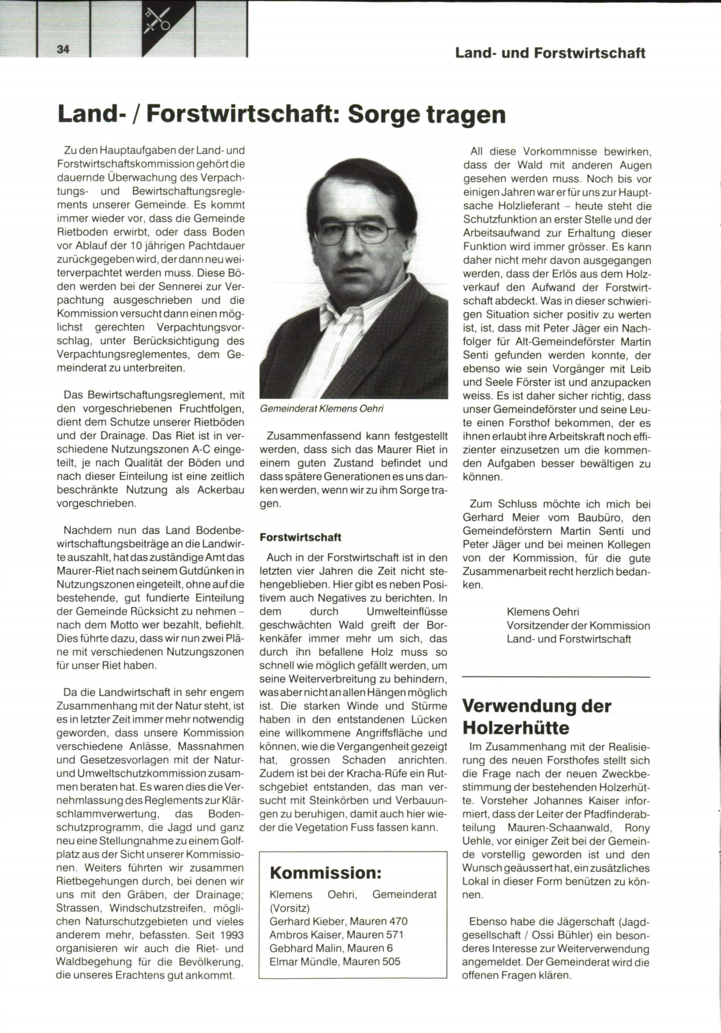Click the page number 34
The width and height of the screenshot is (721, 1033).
click(x=63, y=50)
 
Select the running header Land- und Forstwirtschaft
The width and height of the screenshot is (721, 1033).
click(x=550, y=53)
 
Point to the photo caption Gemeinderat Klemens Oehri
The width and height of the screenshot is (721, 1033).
click(x=321, y=409)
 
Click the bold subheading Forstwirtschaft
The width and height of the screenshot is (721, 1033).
click(x=300, y=537)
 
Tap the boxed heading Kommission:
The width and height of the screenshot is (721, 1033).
click(x=326, y=872)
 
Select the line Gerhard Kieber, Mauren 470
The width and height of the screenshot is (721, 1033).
click(x=338, y=921)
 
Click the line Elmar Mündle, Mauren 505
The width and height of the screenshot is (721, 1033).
click(x=335, y=961)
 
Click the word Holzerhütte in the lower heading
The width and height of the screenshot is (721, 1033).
click(x=516, y=728)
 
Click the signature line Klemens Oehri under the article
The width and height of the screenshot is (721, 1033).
click(x=543, y=612)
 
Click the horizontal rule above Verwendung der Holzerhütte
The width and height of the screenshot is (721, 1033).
click(x=556, y=678)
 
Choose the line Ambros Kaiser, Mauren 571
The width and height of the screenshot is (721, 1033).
click(x=336, y=934)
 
